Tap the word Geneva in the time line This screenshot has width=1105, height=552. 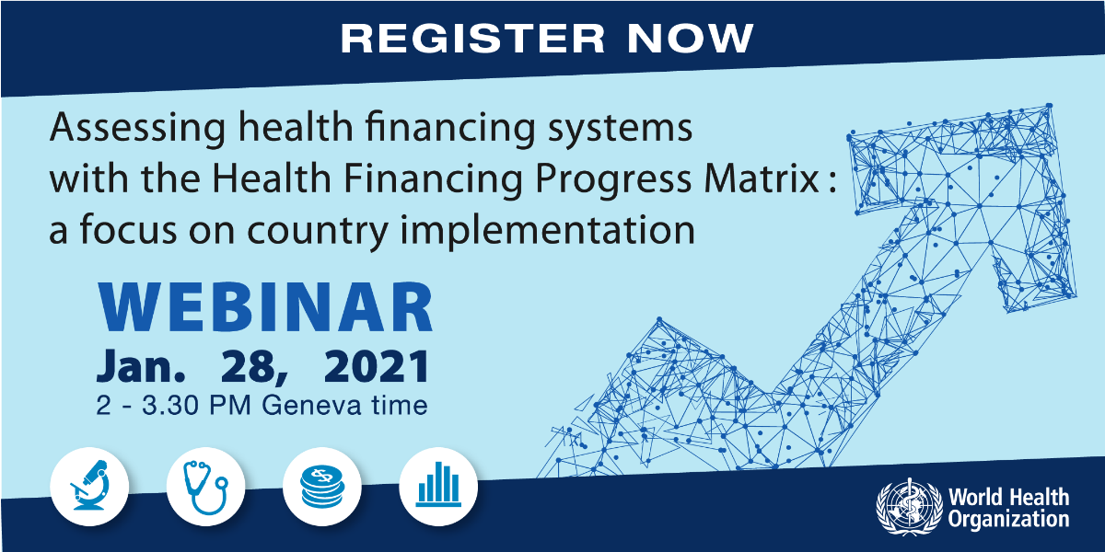click(x=310, y=405)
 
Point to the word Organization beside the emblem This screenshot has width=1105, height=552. click(x=1008, y=520)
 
